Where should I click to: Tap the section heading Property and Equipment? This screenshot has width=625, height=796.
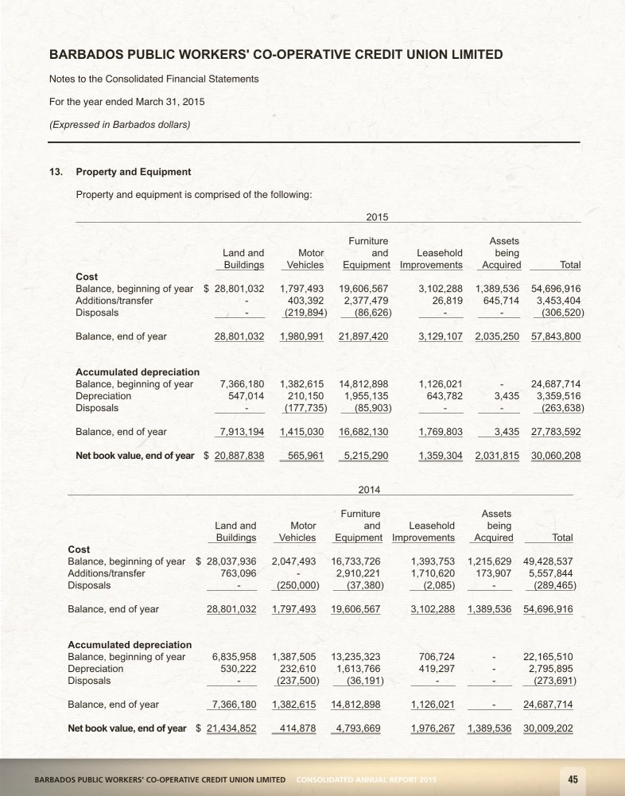[133, 172]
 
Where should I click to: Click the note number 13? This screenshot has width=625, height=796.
[56, 172]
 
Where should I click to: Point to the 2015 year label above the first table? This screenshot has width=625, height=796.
[376, 216]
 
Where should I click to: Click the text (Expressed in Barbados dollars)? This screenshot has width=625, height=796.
[119, 123]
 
